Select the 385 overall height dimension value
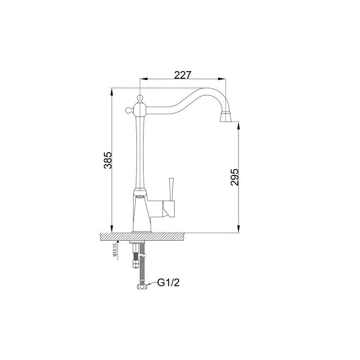pyautogui.click(x=107, y=160)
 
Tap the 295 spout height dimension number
pyautogui.click(x=234, y=178)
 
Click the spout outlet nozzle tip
pyautogui.click(x=226, y=118)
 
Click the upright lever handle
pyautogui.click(x=171, y=188)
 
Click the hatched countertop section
pyautogui.click(x=171, y=236)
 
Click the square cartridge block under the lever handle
pyautogui.click(x=168, y=208)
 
